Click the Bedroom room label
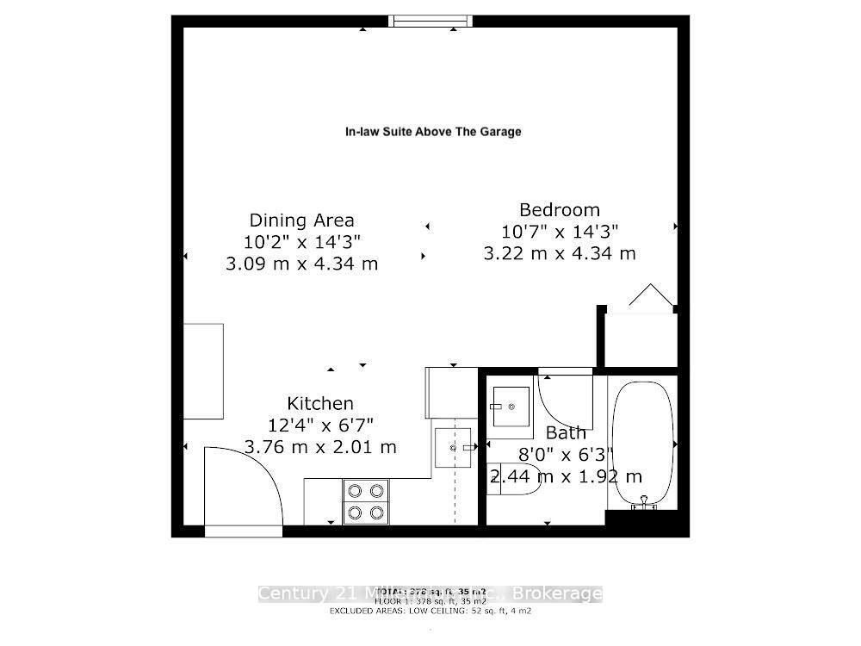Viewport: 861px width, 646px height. (x=560, y=209)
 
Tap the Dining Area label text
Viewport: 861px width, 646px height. (x=301, y=221)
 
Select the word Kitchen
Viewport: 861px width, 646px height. (x=320, y=403)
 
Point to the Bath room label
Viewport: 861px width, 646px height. (x=566, y=432)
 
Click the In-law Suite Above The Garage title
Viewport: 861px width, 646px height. (x=433, y=132)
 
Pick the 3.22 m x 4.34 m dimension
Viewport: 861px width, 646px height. (x=560, y=253)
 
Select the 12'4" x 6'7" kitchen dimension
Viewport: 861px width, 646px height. (x=320, y=425)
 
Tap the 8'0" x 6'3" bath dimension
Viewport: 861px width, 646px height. (x=565, y=455)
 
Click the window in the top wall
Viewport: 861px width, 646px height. (x=430, y=21)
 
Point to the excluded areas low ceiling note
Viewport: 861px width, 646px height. (x=430, y=611)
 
